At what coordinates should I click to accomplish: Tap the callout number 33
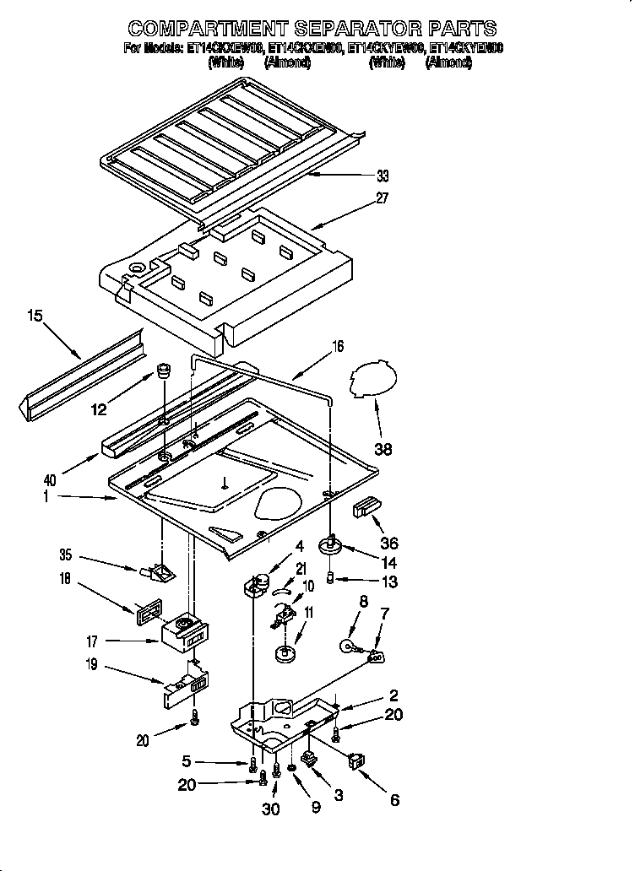tap(383, 176)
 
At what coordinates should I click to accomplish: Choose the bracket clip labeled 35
tap(158, 573)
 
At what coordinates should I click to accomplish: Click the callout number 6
tap(393, 801)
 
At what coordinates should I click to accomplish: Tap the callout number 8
tap(364, 603)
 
